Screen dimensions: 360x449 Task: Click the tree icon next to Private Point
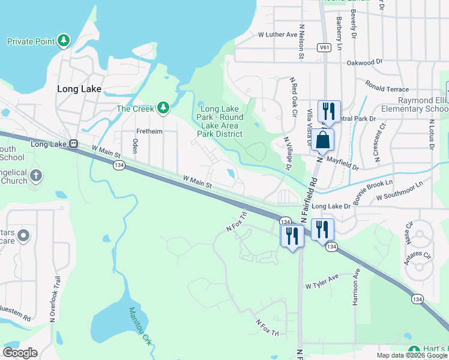[x=62, y=41]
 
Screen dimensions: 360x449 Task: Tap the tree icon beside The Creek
[x=163, y=108]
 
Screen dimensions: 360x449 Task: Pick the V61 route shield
[x=325, y=47]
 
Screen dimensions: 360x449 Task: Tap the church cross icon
[x=35, y=176]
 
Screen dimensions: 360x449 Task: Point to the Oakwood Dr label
[x=364, y=62]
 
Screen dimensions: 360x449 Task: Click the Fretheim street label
[x=148, y=131]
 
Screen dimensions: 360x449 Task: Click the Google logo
[x=20, y=353]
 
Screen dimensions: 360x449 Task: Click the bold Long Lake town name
[x=79, y=88]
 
